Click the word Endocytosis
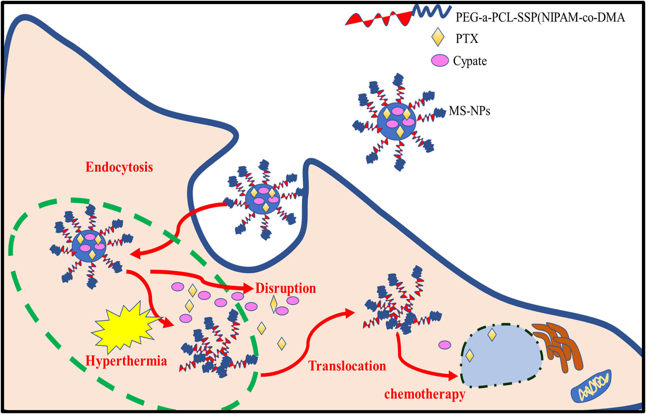tap(119, 167)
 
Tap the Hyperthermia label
tap(126, 360)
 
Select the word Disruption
tap(286, 288)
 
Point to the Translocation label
tap(347, 366)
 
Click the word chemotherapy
tap(425, 394)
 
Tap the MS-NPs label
tap(470, 111)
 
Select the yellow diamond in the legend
tap(438, 37)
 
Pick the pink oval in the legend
tap(440, 61)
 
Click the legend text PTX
tap(467, 38)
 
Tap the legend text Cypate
tap(470, 61)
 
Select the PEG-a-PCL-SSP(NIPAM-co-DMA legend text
tap(540, 17)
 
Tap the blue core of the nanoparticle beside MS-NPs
tap(396, 120)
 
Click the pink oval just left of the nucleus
tap(445, 345)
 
